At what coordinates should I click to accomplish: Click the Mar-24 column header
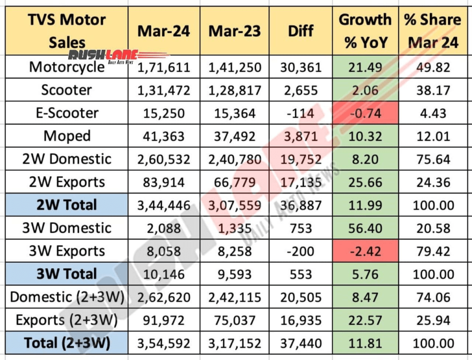164,31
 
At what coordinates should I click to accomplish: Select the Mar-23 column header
235,31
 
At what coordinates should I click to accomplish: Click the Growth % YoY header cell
365,31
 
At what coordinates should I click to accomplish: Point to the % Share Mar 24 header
433,31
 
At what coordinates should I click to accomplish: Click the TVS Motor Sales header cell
67,31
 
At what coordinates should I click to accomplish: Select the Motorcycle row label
67,67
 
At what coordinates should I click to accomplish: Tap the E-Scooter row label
67,113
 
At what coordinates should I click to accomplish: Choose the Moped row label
67,136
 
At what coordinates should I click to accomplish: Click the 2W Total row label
67,205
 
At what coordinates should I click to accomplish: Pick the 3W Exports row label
67,251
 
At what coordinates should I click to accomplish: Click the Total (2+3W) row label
67,343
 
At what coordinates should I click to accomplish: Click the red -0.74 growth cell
365,113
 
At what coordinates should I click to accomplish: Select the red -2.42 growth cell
365,251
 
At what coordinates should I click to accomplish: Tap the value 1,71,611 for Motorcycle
164,67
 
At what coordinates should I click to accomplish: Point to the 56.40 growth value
365,228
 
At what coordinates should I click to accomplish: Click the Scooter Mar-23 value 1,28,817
235,90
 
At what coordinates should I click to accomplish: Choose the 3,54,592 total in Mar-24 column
164,343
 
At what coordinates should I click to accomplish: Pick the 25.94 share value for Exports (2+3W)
433,320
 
